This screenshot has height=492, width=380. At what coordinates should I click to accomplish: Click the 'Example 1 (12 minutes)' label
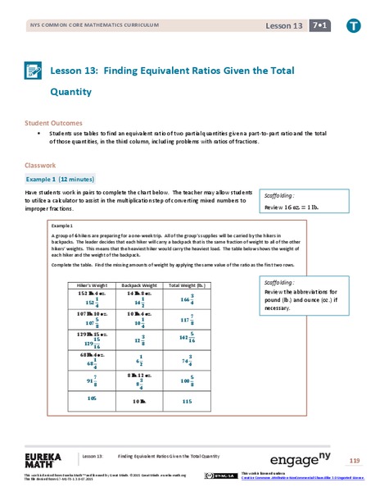point(61,178)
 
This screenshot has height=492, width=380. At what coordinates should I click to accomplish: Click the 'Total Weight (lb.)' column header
point(186,285)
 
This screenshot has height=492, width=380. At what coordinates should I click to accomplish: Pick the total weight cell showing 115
point(187,401)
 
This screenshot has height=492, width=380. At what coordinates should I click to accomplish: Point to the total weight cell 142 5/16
point(187,338)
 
